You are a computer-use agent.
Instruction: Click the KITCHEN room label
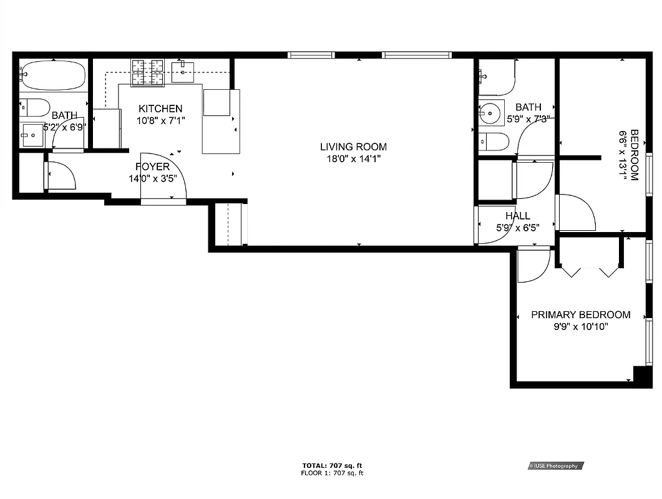click(160, 109)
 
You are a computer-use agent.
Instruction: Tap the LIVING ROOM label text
click(353, 147)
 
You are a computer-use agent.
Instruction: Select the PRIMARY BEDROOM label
click(580, 315)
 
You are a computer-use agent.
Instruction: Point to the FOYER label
click(152, 167)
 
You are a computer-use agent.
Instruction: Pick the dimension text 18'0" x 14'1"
click(353, 159)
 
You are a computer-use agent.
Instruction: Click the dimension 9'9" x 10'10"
click(580, 326)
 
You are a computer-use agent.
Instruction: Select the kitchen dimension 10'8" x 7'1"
click(161, 120)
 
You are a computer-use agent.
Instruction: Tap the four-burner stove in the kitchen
click(147, 72)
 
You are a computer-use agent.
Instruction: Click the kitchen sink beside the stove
click(183, 72)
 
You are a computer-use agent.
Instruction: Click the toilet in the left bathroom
click(34, 108)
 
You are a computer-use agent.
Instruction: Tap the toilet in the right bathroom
click(494, 142)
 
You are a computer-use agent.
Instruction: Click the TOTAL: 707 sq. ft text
click(332, 465)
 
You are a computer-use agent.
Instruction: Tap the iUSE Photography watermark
click(555, 465)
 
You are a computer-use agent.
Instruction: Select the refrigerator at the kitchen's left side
click(105, 128)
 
